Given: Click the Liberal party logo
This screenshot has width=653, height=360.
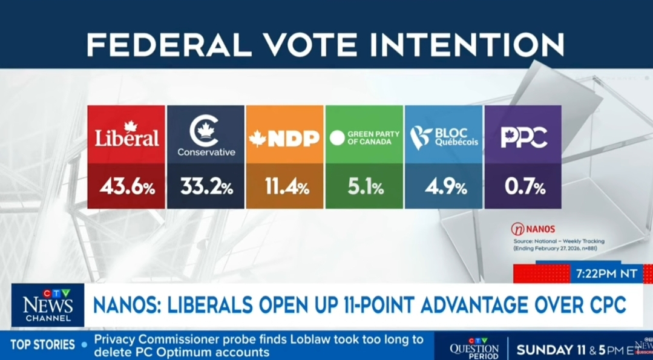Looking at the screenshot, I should (126, 135).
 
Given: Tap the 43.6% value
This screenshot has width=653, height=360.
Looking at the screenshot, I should (127, 187).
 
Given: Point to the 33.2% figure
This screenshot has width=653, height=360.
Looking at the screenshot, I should (206, 187).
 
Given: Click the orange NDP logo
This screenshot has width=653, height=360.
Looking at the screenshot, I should (284, 139).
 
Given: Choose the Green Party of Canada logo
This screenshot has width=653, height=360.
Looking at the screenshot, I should (364, 137).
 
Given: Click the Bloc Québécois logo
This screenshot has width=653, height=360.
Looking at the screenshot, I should (444, 137).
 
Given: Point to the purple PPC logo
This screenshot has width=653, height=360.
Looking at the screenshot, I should (523, 137).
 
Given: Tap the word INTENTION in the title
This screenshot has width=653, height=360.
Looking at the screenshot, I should (477, 45).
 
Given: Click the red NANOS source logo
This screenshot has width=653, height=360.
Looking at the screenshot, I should (533, 229).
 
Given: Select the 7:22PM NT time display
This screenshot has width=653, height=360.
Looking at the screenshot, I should (606, 273).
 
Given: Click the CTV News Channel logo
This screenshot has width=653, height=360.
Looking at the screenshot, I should (48, 305).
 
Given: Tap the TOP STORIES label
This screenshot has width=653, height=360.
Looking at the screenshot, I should (42, 345).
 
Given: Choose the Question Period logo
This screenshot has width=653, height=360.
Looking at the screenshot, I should (474, 349).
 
